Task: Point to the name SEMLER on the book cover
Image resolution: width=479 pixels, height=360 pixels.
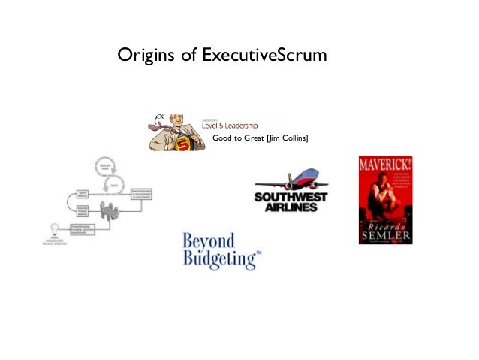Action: pos(384,228)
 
